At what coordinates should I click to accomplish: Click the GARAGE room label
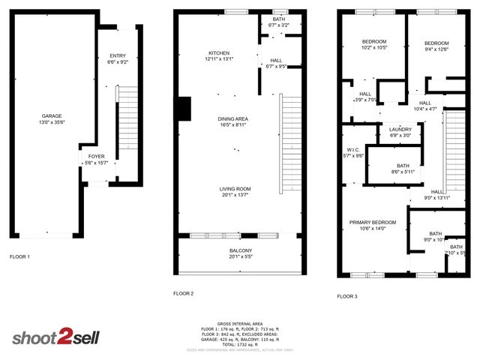(52, 116)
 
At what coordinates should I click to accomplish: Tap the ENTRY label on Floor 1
(118, 55)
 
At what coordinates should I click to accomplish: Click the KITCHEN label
(219, 53)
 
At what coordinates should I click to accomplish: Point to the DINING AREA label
(233, 118)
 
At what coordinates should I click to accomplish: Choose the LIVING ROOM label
(235, 189)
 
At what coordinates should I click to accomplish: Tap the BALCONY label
(240, 250)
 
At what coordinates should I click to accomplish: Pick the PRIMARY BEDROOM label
(373, 223)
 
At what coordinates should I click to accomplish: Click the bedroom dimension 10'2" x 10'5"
(374, 48)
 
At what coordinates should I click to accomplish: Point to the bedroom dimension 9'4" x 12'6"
(435, 49)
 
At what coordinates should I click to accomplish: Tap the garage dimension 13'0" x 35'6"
(52, 122)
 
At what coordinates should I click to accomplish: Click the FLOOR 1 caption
(19, 257)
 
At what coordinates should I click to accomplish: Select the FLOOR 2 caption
(184, 293)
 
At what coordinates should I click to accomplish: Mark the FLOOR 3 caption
(347, 296)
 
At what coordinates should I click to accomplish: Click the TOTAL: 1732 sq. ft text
(240, 343)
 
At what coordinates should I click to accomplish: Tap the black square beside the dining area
(182, 109)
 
